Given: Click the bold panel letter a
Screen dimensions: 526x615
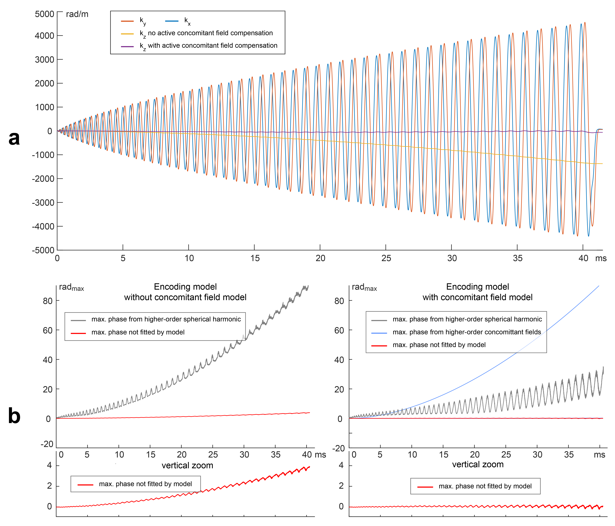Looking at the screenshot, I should pyautogui.click(x=14, y=138).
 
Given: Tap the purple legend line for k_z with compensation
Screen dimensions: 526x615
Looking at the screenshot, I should pyautogui.click(x=127, y=46).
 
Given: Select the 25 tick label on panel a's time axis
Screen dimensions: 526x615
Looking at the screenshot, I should pyautogui.click(x=386, y=258).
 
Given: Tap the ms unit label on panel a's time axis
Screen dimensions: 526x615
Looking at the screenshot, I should pyautogui.click(x=601, y=258).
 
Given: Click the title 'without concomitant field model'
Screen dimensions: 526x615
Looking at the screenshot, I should pyautogui.click(x=185, y=297).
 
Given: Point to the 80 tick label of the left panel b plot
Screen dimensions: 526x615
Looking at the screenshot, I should pyautogui.click(x=47, y=301).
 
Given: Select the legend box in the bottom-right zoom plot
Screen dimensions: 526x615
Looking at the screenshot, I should pyautogui.click(x=475, y=486).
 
